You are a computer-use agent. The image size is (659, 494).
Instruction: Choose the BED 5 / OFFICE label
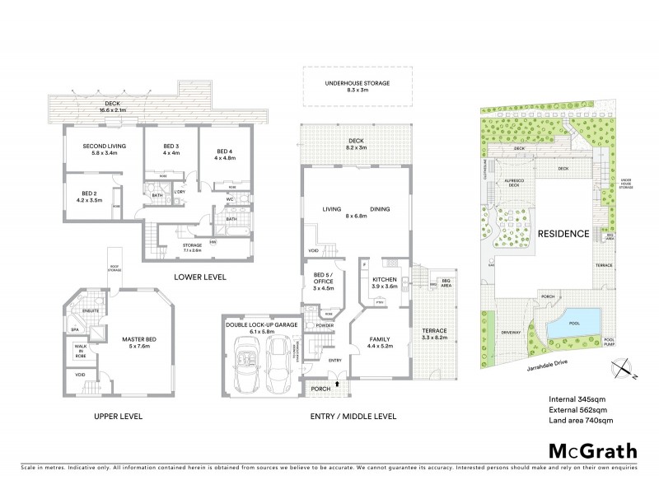318,280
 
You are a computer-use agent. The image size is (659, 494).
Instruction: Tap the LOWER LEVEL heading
201,277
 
